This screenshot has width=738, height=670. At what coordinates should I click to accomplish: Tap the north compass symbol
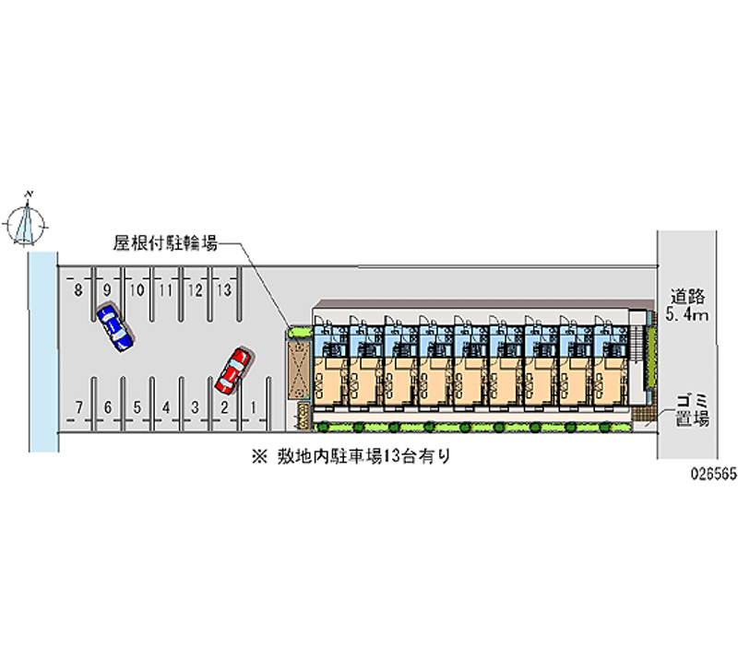coord(29,219)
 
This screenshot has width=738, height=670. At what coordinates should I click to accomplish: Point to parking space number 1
coord(252,406)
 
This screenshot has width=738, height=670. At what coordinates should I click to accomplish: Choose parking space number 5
coord(137,406)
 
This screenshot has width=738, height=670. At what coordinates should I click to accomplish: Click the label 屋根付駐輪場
coord(165,244)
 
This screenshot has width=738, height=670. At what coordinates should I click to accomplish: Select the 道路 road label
coord(688,297)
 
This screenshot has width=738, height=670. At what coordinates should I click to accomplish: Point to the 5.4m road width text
coord(688,316)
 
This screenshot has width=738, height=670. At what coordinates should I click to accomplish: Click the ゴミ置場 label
coord(691,409)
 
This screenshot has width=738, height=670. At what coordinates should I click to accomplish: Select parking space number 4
coord(165,406)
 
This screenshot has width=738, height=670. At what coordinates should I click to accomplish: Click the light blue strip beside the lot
coord(42,350)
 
